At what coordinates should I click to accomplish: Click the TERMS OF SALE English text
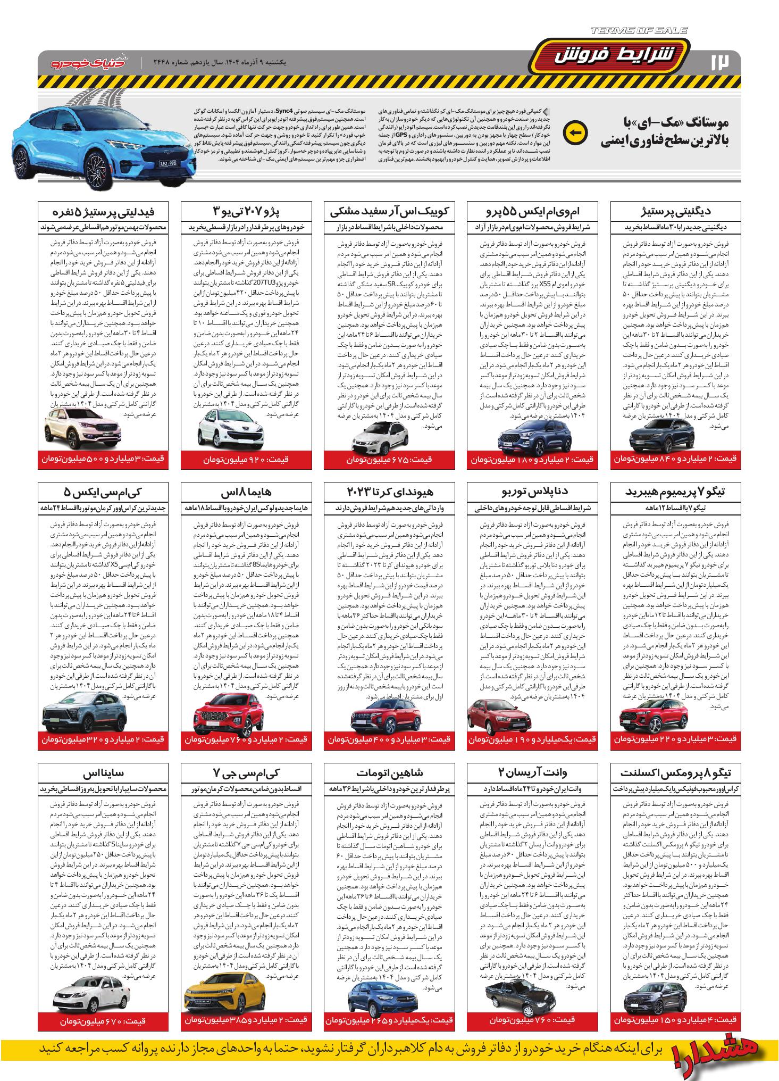tap(639, 31)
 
